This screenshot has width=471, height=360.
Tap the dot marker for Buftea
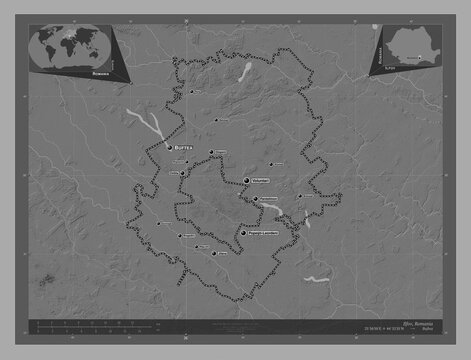coord(168,147)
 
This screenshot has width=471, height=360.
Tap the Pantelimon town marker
coord(257,199)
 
